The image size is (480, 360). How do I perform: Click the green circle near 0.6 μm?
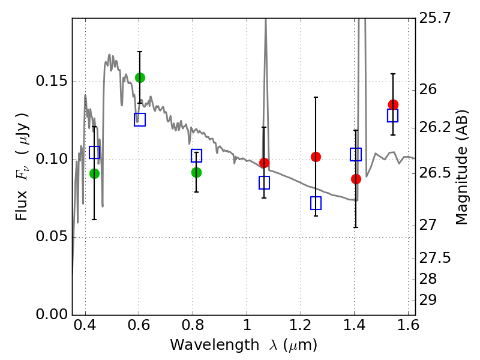[x=140, y=77]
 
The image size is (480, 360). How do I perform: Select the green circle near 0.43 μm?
[x=94, y=173]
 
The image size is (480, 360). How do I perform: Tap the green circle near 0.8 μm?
[x=196, y=172]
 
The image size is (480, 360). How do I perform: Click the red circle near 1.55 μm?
[x=393, y=104]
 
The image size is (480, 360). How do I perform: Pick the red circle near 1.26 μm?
[x=316, y=157]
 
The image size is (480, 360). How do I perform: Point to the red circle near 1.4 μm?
[x=356, y=179]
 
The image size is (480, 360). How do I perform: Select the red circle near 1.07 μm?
[x=264, y=163]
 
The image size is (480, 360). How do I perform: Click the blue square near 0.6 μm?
[x=140, y=120]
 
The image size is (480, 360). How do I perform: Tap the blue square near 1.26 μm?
[x=316, y=203]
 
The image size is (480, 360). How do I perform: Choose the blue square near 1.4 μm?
[x=356, y=154]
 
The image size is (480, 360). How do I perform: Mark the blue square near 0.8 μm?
[x=196, y=156]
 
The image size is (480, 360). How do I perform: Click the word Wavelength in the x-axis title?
[x=205, y=345]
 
